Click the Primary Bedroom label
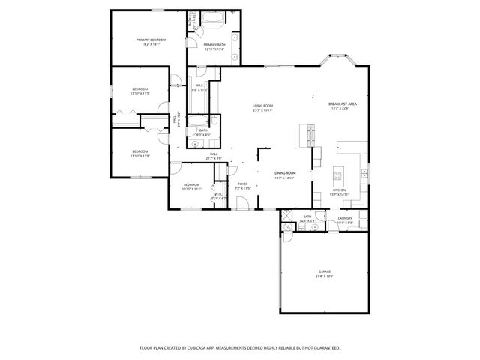click(x=150, y=40)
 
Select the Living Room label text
click(x=262, y=106)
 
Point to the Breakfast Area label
click(x=341, y=103)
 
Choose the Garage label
click(x=324, y=271)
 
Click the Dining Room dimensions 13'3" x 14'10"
click(x=284, y=178)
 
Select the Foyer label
click(x=243, y=183)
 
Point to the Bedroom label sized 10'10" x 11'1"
click(x=192, y=184)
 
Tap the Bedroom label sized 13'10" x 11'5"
click(x=140, y=89)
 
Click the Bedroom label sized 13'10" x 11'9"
click(x=140, y=151)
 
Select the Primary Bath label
click(x=214, y=44)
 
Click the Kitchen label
click(x=339, y=190)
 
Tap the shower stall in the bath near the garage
click(x=287, y=218)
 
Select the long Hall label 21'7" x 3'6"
click(x=214, y=154)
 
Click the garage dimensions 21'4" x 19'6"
click(x=324, y=276)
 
